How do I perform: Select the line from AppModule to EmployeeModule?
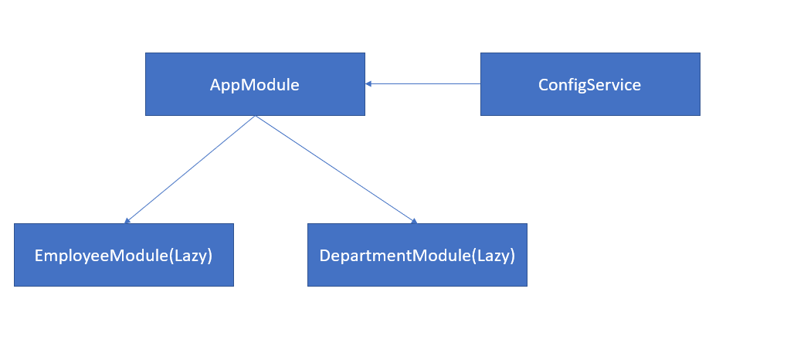click(x=190, y=170)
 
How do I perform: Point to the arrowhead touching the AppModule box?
click(x=369, y=83)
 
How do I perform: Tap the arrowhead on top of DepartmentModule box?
click(x=413, y=220)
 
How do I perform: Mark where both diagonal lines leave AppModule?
click(x=255, y=117)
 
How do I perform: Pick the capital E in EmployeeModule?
click(x=39, y=255)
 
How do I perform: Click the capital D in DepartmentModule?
click(x=325, y=255)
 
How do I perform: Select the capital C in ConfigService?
click(x=544, y=84)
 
